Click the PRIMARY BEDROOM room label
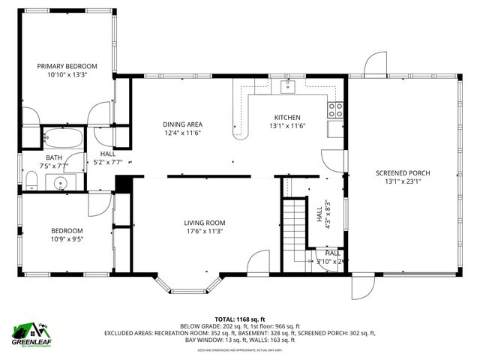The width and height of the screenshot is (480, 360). [67, 66]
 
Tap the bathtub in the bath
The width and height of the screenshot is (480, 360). [63, 138]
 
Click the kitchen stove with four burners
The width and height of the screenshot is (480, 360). [336, 110]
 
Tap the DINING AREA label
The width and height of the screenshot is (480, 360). [183, 124]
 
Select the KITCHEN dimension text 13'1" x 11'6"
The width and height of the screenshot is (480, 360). [287, 126]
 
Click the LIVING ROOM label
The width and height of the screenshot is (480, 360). [205, 223]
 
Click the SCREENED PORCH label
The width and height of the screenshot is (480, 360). [403, 173]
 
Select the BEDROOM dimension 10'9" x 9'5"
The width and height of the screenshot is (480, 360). [67, 239]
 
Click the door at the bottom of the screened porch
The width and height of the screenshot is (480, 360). [362, 286]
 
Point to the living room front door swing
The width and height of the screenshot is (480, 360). [258, 262]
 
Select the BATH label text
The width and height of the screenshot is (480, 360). [51, 158]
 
